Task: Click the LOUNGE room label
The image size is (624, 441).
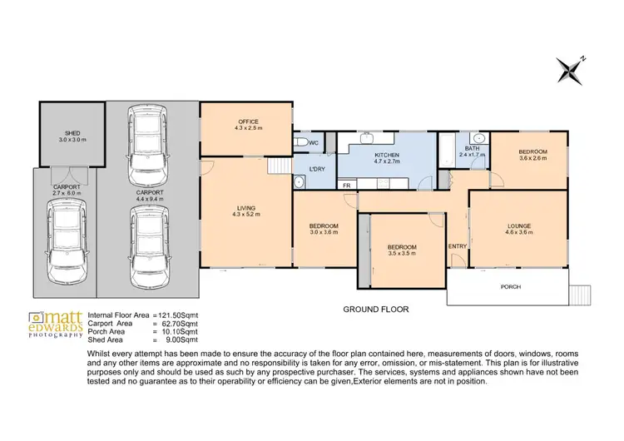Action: pos(520,225)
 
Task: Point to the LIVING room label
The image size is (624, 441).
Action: pos(246,208)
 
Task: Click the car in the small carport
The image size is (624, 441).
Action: pos(64,240)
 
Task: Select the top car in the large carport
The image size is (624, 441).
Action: pos(146,145)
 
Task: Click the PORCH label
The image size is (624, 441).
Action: pos(511,287)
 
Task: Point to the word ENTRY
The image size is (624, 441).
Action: pos(458,246)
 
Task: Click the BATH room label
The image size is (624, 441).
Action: pos(471,148)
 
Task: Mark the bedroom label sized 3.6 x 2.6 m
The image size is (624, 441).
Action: pos(532,154)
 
